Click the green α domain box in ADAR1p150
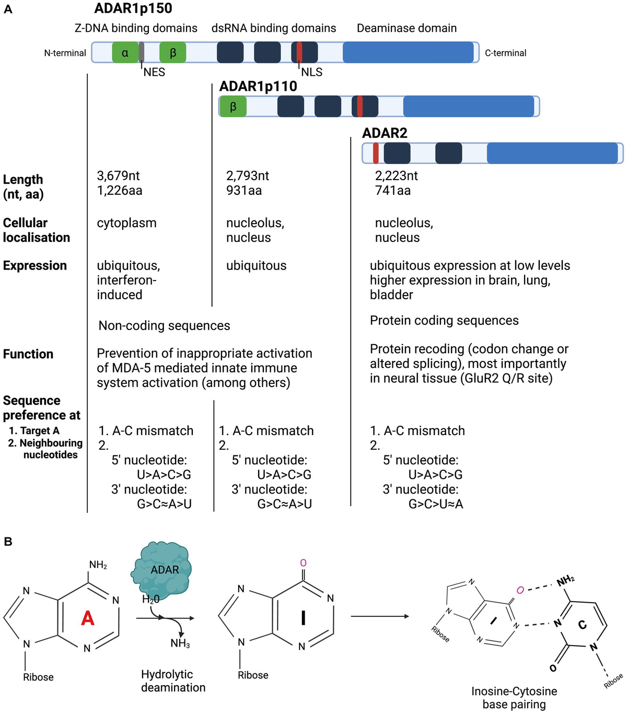125,53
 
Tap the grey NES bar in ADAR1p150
142,53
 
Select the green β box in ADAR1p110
233,107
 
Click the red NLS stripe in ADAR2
376,153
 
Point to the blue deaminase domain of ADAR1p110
468,107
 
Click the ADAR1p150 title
133,8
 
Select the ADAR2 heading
385,133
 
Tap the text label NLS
311,73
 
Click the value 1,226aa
119,191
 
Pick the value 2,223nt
396,176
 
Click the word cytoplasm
126,223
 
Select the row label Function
28,354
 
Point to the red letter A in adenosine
88,618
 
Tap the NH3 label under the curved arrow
180,643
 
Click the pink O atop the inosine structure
303,563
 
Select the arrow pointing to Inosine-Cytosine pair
379,616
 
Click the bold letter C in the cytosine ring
582,625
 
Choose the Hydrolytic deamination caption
173,681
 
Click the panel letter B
8,542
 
